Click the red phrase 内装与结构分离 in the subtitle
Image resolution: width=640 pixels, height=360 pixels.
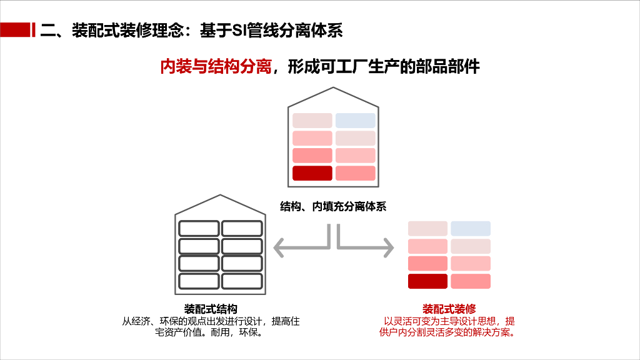(x=216, y=66)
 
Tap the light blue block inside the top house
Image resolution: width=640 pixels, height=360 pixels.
(x=355, y=121)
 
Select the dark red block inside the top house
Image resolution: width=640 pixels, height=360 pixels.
(x=312, y=173)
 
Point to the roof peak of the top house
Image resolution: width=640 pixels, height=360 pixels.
(x=332, y=88)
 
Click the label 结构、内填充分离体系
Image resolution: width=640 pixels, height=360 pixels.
(x=333, y=207)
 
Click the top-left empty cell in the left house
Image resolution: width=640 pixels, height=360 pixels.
(x=198, y=228)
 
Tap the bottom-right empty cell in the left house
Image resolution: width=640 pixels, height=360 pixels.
(x=241, y=281)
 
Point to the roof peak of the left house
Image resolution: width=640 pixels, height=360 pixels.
(x=219, y=196)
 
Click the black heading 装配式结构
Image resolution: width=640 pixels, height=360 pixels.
(x=211, y=309)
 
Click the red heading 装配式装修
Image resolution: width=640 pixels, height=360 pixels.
(x=449, y=309)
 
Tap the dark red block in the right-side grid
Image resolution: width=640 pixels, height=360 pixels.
(x=427, y=281)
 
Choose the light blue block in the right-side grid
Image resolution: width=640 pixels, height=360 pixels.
(x=471, y=229)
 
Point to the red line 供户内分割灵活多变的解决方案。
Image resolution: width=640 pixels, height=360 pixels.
(x=447, y=332)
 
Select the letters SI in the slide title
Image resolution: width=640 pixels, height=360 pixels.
(x=239, y=29)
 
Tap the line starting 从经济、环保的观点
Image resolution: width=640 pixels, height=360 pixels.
(x=211, y=321)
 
